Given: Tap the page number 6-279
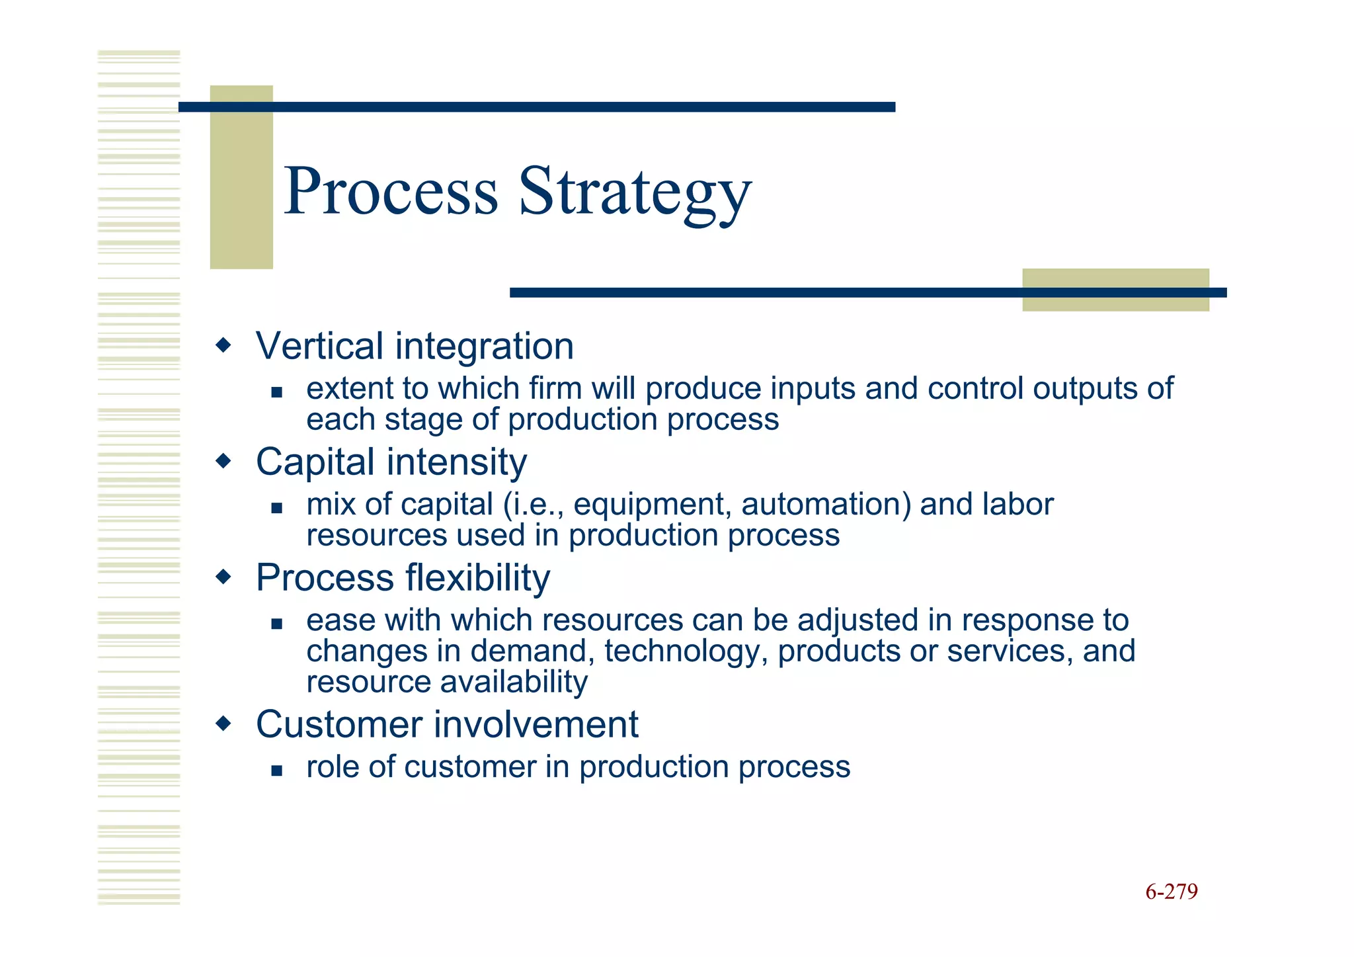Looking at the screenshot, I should tap(1172, 892).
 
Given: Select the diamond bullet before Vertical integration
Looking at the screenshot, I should tap(224, 345).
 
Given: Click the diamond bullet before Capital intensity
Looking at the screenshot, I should tap(224, 460).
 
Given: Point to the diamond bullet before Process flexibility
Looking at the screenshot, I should tap(224, 577).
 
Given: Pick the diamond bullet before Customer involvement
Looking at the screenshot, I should tap(224, 723).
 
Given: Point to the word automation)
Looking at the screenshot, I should tap(826, 505).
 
